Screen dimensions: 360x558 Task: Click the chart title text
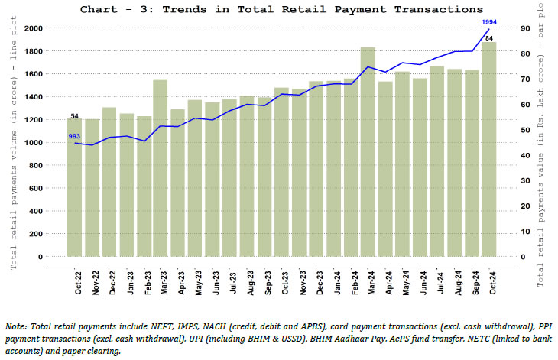281,9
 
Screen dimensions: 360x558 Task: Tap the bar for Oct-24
489,149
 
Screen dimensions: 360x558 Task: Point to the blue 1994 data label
489,22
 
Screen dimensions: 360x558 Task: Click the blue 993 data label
74,136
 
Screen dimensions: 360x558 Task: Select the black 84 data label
489,37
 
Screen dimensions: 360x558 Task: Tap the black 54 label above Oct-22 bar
74,115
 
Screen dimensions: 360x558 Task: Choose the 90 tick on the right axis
526,28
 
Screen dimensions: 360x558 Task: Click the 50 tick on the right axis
526,130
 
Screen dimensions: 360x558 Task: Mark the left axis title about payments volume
13,145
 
